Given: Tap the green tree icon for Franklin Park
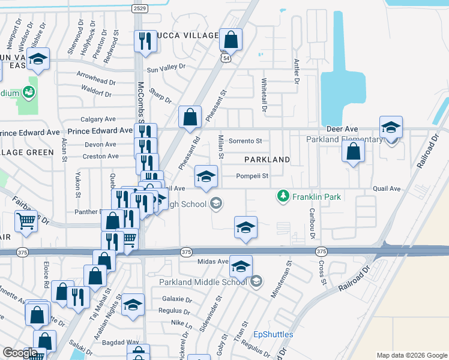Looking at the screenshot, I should (x=282, y=196).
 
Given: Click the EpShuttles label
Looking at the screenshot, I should (x=273, y=334).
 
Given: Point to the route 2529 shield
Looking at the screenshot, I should (x=140, y=8).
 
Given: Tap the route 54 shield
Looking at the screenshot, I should (x=225, y=58).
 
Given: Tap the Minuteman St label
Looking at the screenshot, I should (x=289, y=272).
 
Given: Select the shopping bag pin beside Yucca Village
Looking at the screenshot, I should (x=231, y=41).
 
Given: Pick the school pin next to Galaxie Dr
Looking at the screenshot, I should (x=134, y=305).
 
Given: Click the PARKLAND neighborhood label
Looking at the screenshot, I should (x=267, y=160).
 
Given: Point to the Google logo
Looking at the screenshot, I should (x=20, y=353).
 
